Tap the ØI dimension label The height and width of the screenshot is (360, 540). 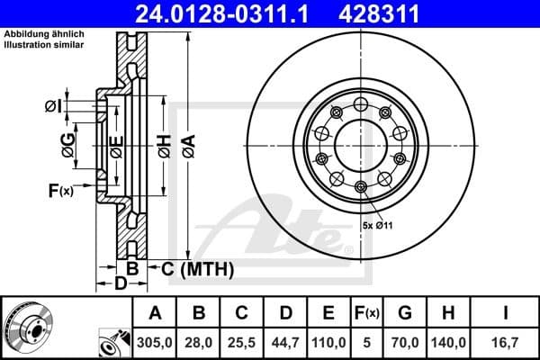pyautogui.click(x=53, y=108)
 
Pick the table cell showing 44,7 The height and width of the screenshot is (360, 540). pyautogui.click(x=285, y=342)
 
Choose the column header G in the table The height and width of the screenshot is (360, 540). pyautogui.click(x=406, y=313)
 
